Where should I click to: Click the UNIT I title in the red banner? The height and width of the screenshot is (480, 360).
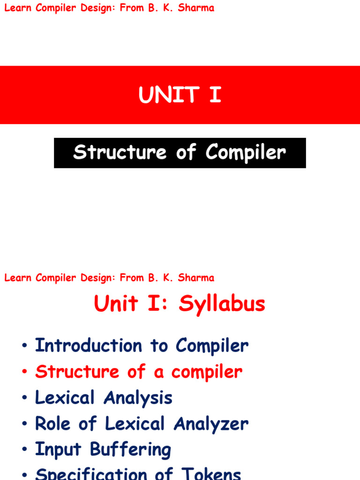coord(180,95)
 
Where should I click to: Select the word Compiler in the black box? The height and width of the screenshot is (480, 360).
coord(245,153)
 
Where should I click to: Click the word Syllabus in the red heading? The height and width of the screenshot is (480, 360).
coord(222,304)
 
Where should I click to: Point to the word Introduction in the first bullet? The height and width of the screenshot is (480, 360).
coord(88,346)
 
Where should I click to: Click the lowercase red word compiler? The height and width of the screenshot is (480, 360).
coord(207,372)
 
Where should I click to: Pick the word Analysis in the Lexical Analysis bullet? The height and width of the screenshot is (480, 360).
coord(138,398)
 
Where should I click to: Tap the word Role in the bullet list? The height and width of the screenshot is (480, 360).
coord(52,424)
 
